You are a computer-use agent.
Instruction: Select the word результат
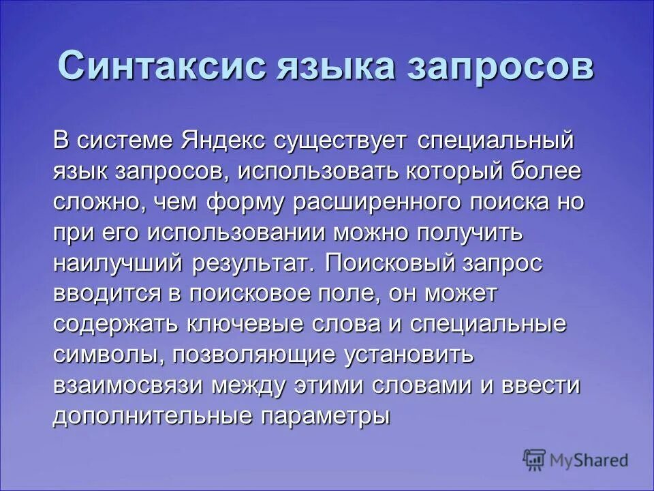(263, 264)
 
